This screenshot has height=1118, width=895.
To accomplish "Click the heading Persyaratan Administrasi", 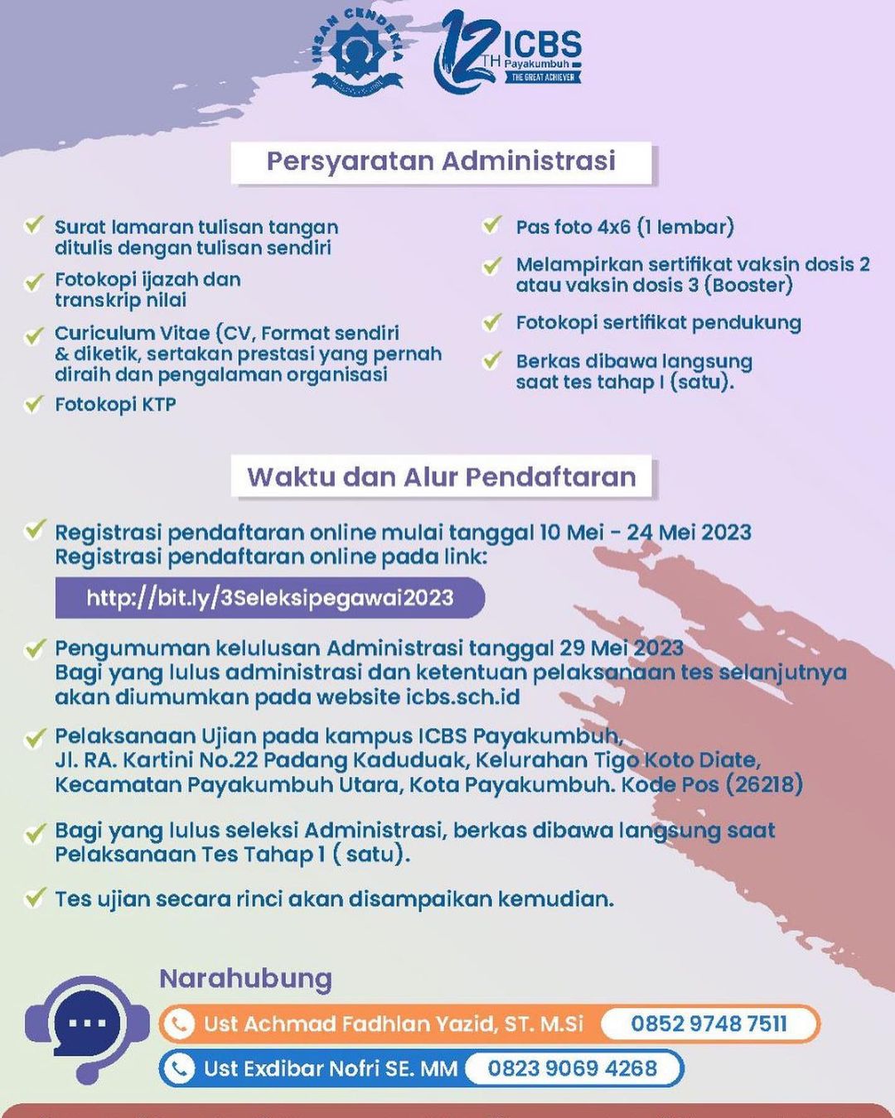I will pyautogui.click(x=441, y=161).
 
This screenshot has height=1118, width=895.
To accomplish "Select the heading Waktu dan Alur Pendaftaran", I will pyautogui.click(x=441, y=477).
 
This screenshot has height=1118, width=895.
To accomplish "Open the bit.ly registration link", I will pyautogui.click(x=270, y=598).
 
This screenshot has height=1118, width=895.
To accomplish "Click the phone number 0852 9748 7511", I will pyautogui.click(x=709, y=1024).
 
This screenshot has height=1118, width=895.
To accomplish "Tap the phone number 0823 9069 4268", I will pyautogui.click(x=572, y=1068).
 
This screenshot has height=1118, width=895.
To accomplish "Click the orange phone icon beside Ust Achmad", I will pyautogui.click(x=177, y=1024).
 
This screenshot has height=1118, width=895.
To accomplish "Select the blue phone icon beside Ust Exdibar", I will pyautogui.click(x=177, y=1068).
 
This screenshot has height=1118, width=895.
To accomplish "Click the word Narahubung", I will pyautogui.click(x=245, y=979).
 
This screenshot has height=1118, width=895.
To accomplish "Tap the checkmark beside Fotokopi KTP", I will pyautogui.click(x=34, y=403).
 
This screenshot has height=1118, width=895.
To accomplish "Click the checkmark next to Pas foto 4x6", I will pyautogui.click(x=492, y=225).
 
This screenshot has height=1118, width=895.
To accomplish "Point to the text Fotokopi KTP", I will pyautogui.click(x=115, y=405).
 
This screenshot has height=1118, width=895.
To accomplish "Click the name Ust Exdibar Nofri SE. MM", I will pyautogui.click(x=331, y=1068).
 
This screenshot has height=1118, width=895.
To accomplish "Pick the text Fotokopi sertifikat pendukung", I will pyautogui.click(x=658, y=323).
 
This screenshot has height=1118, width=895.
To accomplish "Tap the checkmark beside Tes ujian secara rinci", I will pyautogui.click(x=34, y=898).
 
